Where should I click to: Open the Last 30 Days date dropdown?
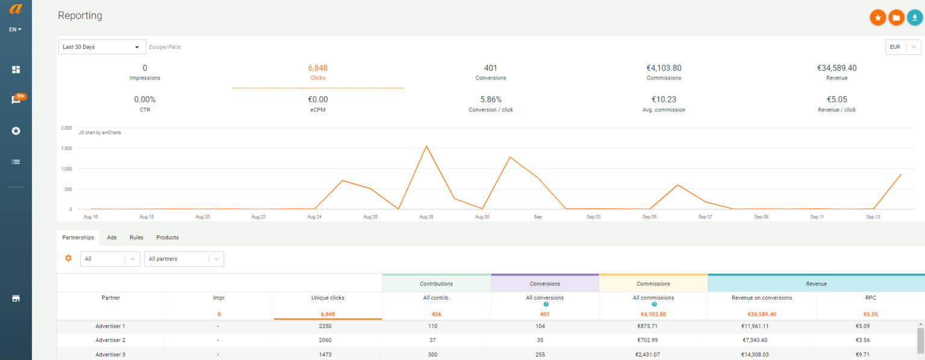point(102,47)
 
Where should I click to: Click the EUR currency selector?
point(903,47)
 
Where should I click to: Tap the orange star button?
point(877,18)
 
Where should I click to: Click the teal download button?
point(915,18)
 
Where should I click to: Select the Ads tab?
point(112,237)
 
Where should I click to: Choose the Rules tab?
point(136,237)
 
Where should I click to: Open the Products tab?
point(167,237)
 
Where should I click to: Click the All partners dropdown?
point(184,259)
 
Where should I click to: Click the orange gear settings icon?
point(68,258)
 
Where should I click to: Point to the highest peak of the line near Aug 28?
point(426,146)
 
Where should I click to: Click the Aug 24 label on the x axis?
point(314,217)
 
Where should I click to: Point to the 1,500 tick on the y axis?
point(67,148)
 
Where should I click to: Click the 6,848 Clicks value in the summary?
point(317,69)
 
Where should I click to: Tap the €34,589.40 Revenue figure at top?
point(836,69)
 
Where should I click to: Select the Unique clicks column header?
point(328,298)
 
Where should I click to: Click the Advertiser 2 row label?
point(110,340)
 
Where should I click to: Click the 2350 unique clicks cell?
point(326,326)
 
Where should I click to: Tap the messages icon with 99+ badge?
point(16,100)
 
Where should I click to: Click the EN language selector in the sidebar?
point(16,29)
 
